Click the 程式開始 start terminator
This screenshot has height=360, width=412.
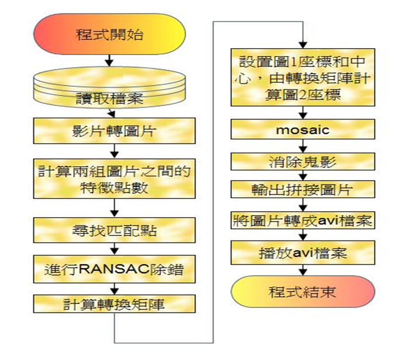(x=110, y=35)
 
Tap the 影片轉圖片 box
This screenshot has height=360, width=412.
(x=114, y=131)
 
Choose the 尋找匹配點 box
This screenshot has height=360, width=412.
(x=114, y=230)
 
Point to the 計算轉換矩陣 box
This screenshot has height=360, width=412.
(x=114, y=303)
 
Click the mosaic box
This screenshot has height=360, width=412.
(x=302, y=130)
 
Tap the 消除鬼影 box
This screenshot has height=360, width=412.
(x=302, y=162)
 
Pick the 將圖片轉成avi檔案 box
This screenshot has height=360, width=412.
(x=302, y=220)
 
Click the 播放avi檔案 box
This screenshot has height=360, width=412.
(x=302, y=253)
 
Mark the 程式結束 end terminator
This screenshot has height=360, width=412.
(x=302, y=292)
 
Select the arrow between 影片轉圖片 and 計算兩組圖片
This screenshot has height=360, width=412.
(x=115, y=150)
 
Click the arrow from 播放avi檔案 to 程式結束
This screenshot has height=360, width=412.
(x=302, y=270)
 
